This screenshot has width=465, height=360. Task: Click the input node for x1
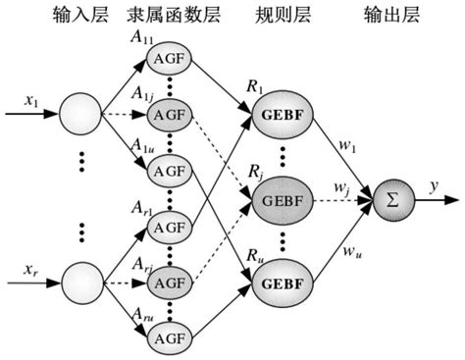[77, 115]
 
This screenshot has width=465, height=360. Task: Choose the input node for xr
[77, 284]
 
